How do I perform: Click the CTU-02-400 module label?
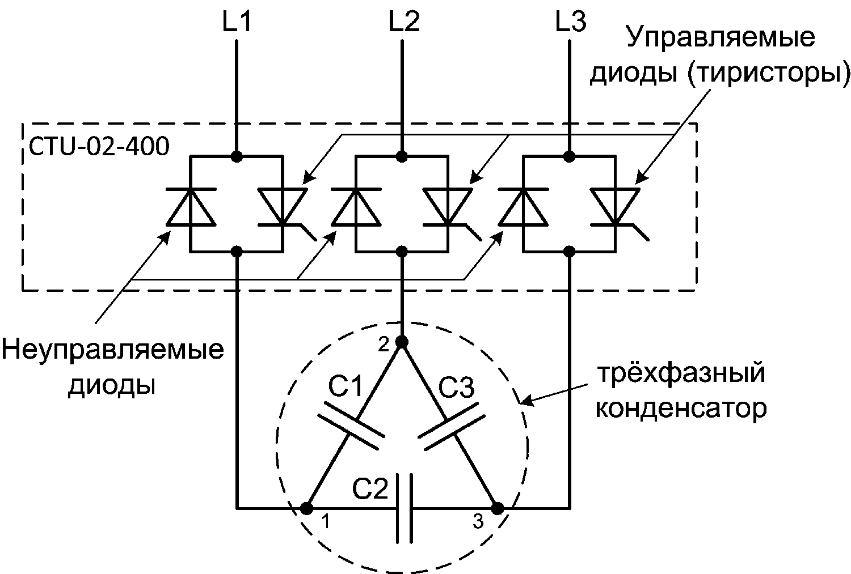[99, 146]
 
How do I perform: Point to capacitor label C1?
[346, 386]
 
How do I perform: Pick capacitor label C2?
[370, 488]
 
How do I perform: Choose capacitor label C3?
[456, 388]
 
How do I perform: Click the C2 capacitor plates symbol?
[404, 508]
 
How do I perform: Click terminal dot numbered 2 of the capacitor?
[402, 342]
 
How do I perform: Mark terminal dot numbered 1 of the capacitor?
[307, 508]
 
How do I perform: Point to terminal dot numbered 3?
[498, 508]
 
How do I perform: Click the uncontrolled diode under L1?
[191, 207]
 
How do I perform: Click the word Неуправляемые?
[113, 350]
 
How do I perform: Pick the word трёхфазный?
[681, 373]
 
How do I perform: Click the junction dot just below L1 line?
[237, 156]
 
